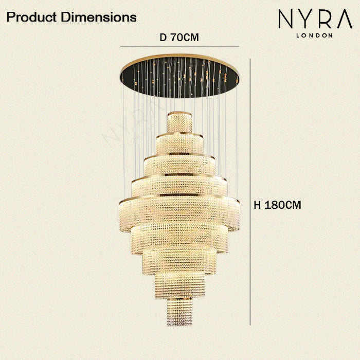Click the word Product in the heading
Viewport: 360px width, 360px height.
coord(31,17)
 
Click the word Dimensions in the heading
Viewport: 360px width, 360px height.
coord(99,17)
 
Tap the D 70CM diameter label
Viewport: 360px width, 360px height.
coord(179,38)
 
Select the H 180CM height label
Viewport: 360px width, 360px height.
coord(277,205)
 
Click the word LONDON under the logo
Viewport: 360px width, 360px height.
coord(314,35)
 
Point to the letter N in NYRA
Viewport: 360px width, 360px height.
coord(286,19)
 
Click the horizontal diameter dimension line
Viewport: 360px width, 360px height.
coord(180,46)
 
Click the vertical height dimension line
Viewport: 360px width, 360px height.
coord(250,192)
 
